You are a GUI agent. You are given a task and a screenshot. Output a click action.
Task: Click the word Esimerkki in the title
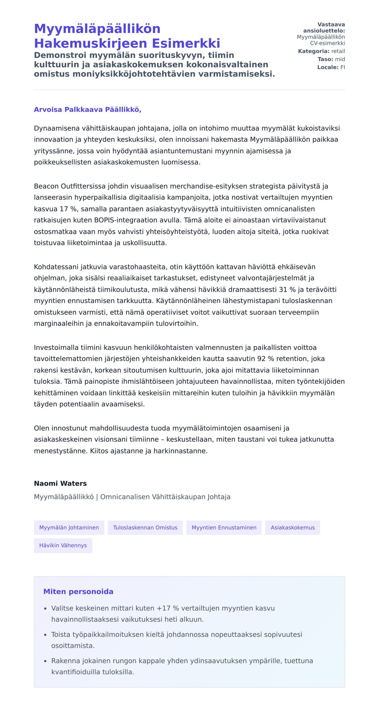click(186, 43)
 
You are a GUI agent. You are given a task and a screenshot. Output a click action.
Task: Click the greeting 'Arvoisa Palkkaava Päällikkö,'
click(87, 110)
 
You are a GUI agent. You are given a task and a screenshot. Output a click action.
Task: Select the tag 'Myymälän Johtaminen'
click(69, 527)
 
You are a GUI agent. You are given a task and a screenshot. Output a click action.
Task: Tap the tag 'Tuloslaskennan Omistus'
click(145, 527)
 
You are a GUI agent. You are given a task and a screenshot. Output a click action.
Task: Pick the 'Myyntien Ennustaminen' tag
click(224, 527)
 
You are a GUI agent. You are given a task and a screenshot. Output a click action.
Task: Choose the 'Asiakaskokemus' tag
click(292, 527)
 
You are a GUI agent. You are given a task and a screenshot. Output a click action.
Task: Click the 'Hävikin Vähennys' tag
click(63, 545)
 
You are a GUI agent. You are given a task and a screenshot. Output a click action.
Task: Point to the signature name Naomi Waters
click(60, 483)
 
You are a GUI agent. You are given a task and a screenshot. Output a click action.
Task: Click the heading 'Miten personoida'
click(78, 592)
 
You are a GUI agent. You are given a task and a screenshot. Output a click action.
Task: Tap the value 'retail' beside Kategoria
click(338, 51)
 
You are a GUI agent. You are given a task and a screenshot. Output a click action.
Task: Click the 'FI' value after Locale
click(342, 67)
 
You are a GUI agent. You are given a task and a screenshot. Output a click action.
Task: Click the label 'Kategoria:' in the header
click(314, 51)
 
